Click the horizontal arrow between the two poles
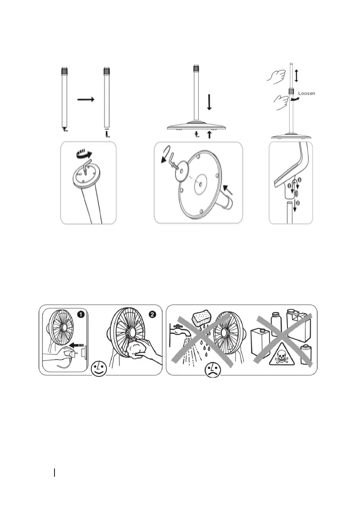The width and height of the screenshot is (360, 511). pos(85,99)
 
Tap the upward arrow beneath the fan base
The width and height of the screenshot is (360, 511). pos(209,134)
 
